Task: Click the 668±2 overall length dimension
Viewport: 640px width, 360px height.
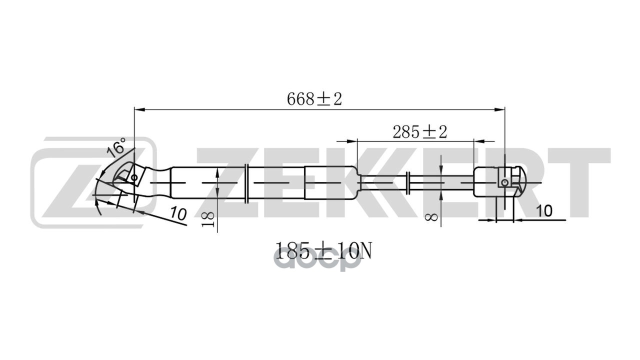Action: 314,99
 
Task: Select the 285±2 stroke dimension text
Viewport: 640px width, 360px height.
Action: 419,132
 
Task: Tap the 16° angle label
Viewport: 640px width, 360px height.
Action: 116,147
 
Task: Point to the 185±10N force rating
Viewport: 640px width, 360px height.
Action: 323,250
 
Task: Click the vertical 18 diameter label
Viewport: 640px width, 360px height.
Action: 208,219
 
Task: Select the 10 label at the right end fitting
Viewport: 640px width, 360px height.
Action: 544,211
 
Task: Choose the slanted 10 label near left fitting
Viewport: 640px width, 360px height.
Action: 178,213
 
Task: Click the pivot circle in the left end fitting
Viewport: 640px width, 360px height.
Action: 133,178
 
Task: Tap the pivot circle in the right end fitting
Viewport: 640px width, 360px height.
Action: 505,182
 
